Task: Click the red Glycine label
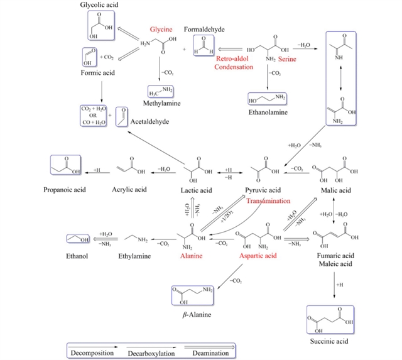point(161,30)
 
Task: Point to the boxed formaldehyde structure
point(204,48)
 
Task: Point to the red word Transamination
point(269,201)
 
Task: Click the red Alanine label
point(192,256)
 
